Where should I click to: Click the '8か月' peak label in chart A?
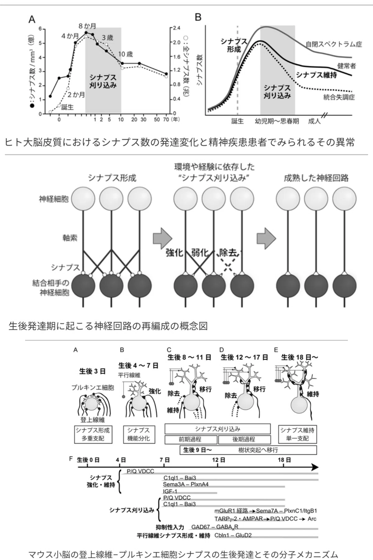[x=87, y=26]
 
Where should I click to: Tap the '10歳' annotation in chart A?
[x=125, y=54]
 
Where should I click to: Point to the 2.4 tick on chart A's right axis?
[x=176, y=28]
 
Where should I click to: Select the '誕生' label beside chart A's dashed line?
[x=67, y=107]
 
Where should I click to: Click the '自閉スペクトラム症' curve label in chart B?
[x=334, y=44]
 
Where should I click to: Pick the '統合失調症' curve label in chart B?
[x=339, y=97]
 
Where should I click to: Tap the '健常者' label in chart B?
[x=347, y=66]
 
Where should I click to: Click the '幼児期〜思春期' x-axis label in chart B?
[x=277, y=121]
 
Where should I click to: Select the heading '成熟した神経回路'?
[x=316, y=178]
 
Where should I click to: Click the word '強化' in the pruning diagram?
[x=174, y=253]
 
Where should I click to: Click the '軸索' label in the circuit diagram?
[x=70, y=238]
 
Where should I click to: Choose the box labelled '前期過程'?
[x=191, y=440]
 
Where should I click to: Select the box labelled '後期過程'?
[x=244, y=440]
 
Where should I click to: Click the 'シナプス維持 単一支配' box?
[x=297, y=434]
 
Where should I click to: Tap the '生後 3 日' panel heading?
[x=92, y=371]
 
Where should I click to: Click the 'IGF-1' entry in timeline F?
[x=170, y=492]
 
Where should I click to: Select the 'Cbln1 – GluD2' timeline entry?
[x=233, y=535]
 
